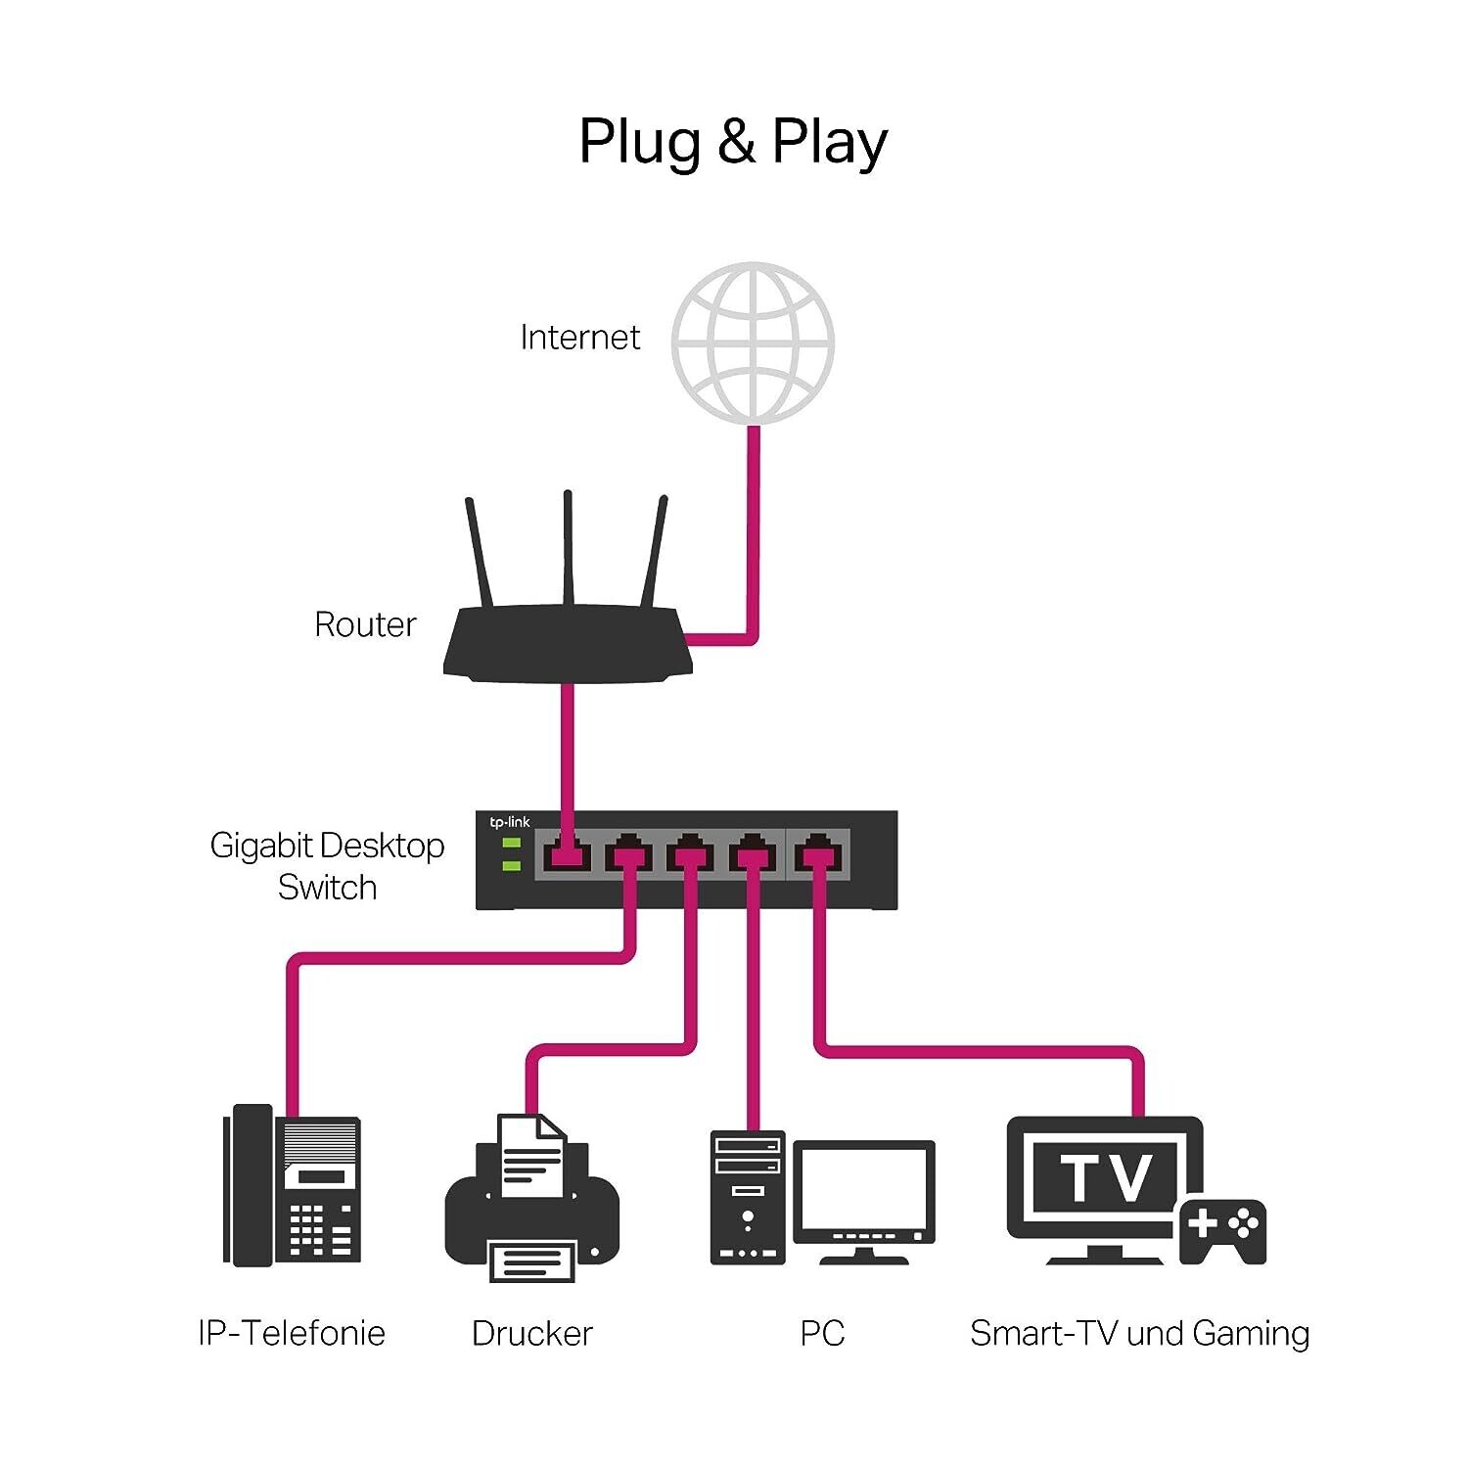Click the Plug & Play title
(733, 142)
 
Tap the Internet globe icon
(753, 343)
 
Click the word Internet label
(579, 338)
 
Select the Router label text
(365, 624)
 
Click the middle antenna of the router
(568, 548)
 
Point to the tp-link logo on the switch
(510, 822)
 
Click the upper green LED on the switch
(511, 844)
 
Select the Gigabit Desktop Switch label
(327, 866)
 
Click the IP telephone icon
(293, 1184)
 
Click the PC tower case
(748, 1198)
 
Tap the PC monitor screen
(863, 1189)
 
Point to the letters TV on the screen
(1106, 1177)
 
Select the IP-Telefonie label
(292, 1333)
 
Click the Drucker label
(531, 1333)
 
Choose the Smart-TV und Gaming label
(1139, 1333)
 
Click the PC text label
(822, 1333)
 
